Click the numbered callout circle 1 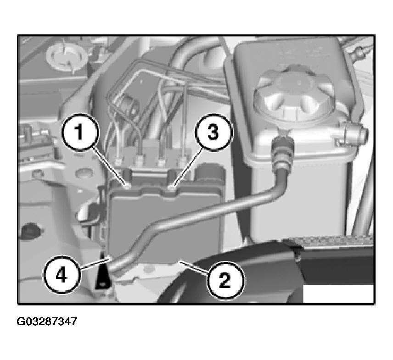(x=80, y=133)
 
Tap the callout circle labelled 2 (x=225, y=280)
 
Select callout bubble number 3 (x=213, y=133)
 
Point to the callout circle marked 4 (x=62, y=274)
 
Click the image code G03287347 (x=47, y=321)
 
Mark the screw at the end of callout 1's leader (x=127, y=186)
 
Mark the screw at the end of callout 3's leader (x=171, y=186)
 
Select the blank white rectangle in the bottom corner (x=338, y=294)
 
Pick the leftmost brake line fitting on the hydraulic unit (x=118, y=160)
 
